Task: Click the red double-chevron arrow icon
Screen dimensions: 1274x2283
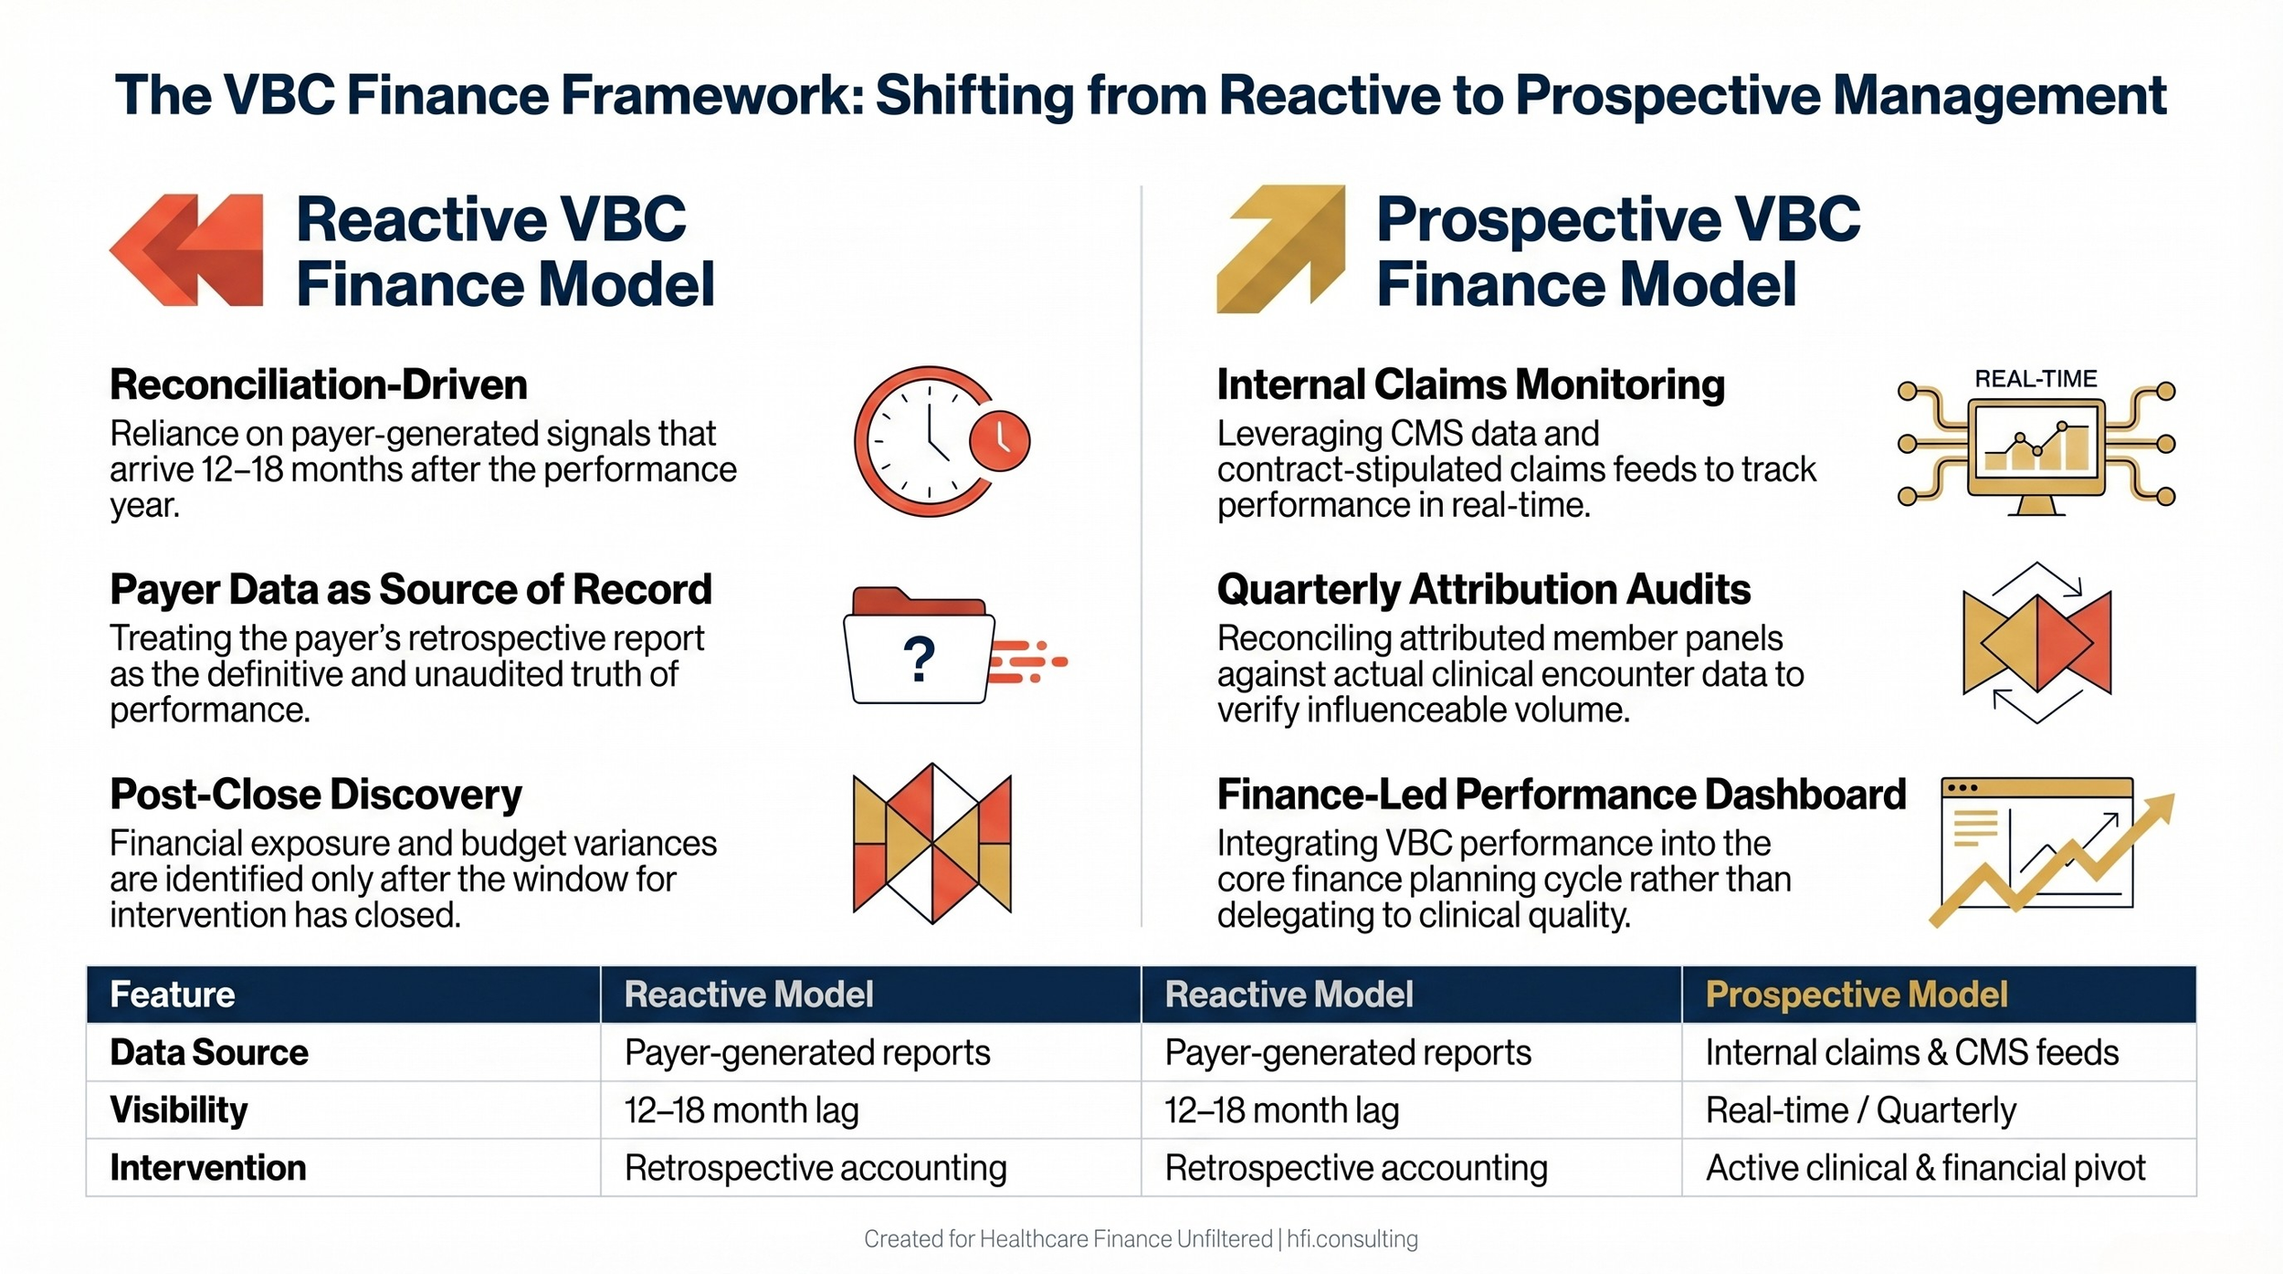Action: (x=187, y=249)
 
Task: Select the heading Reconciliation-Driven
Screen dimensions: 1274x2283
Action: (x=319, y=384)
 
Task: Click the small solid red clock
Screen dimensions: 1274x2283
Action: (x=999, y=441)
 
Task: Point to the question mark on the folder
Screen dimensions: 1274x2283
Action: (x=919, y=658)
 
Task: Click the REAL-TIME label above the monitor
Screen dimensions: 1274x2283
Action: (x=2036, y=379)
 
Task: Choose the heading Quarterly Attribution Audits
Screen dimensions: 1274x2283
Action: (x=1483, y=589)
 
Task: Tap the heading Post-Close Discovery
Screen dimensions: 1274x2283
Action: (x=316, y=794)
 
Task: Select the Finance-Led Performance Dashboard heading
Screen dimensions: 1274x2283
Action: (x=1561, y=794)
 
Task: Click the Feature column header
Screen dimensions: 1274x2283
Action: (x=173, y=995)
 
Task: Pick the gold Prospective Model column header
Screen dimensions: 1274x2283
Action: (x=1856, y=995)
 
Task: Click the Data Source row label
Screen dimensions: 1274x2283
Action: (x=209, y=1052)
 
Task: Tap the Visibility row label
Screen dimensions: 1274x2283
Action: (x=179, y=1110)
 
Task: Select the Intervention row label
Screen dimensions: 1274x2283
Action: (x=208, y=1167)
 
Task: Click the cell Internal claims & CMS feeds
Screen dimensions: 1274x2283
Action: (x=1911, y=1052)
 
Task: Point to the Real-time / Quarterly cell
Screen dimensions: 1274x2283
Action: (x=1860, y=1110)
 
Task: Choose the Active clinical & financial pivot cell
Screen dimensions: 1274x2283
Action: (x=1925, y=1167)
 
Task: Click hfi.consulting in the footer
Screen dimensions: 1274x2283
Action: (x=1352, y=1238)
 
